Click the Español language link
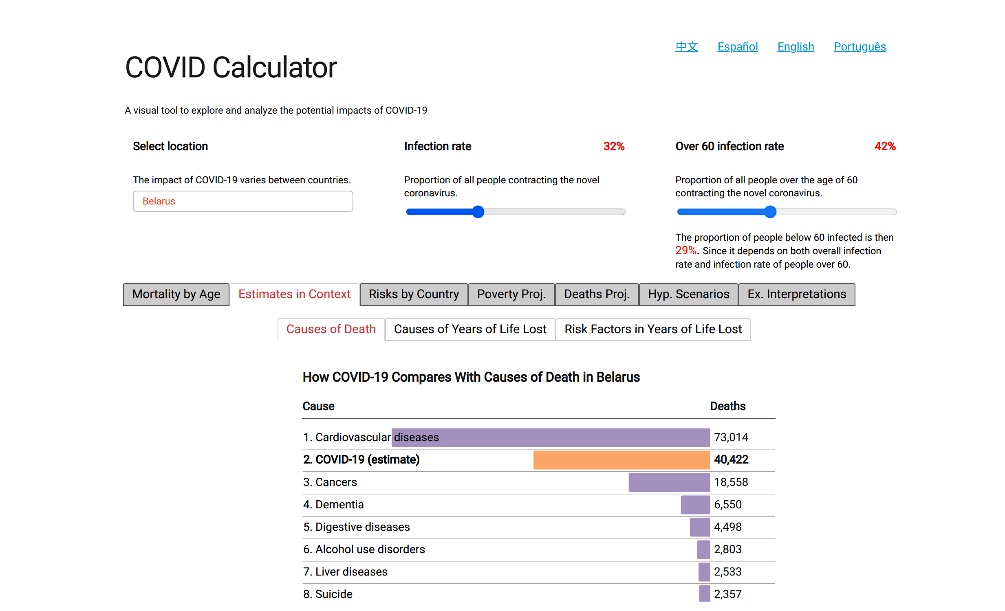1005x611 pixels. pyautogui.click(x=737, y=47)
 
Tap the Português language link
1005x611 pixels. pyautogui.click(x=860, y=47)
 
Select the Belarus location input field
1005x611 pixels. pyautogui.click(x=242, y=201)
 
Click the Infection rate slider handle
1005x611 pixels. pyautogui.click(x=478, y=212)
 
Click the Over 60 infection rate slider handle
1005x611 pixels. pyautogui.click(x=770, y=212)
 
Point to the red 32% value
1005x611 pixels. pyautogui.click(x=614, y=146)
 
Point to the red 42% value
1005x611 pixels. pyautogui.click(x=885, y=146)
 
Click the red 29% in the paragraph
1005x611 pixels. pyautogui.click(x=685, y=251)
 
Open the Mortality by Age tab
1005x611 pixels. pyautogui.click(x=176, y=294)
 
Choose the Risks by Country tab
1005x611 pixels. pyautogui.click(x=414, y=294)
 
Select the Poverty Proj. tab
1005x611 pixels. pyautogui.click(x=511, y=294)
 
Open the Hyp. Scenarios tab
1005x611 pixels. pyautogui.click(x=688, y=294)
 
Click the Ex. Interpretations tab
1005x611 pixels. pyautogui.click(x=796, y=294)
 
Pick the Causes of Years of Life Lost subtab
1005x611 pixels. pyautogui.click(x=470, y=330)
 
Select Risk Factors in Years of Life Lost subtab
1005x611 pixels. pyautogui.click(x=652, y=330)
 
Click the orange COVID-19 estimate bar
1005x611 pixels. pyautogui.click(x=621, y=460)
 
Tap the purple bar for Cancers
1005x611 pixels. pyautogui.click(x=669, y=482)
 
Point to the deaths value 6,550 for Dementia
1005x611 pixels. pyautogui.click(x=727, y=505)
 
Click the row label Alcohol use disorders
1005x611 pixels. pyautogui.click(x=370, y=549)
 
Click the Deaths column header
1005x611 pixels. pyautogui.click(x=727, y=407)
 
